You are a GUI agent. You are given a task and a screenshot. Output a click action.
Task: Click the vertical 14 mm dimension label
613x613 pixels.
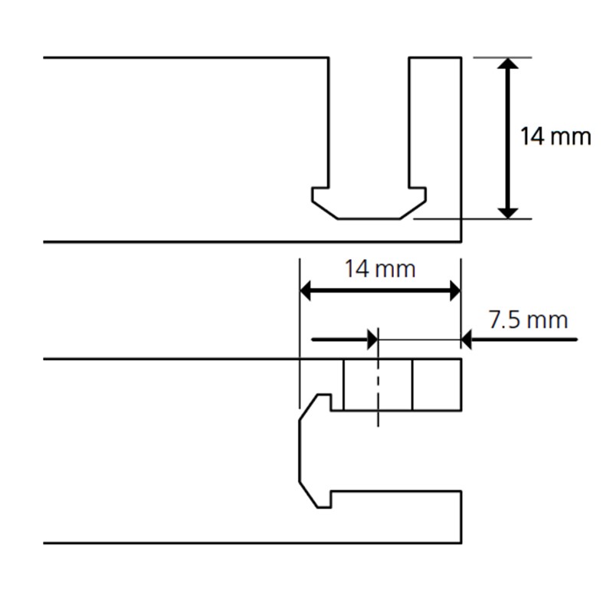(x=555, y=136)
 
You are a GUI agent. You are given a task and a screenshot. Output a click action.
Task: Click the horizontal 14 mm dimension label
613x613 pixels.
(x=379, y=270)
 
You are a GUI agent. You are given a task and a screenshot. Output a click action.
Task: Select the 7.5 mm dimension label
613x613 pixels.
(x=528, y=320)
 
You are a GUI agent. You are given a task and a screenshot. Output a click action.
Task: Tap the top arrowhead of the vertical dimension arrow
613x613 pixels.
(x=507, y=64)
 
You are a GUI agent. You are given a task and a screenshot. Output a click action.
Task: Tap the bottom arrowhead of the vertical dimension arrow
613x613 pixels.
(x=507, y=213)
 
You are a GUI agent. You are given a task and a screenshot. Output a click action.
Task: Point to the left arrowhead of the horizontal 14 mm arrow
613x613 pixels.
(x=305, y=291)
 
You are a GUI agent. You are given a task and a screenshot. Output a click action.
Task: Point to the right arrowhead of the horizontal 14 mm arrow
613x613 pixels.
(x=455, y=291)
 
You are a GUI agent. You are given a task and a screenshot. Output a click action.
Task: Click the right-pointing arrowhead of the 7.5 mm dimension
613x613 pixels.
(x=372, y=339)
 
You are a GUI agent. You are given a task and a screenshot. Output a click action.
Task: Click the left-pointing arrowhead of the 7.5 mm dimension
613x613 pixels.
(x=467, y=339)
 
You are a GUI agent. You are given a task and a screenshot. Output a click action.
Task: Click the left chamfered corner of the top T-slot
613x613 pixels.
(x=324, y=210)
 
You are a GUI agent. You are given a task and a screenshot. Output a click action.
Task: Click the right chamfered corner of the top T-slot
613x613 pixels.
(x=413, y=210)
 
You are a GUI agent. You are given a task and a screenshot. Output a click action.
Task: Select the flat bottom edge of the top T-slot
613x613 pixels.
(x=369, y=219)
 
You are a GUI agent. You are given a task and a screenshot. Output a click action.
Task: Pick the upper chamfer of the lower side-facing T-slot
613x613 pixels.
(x=308, y=408)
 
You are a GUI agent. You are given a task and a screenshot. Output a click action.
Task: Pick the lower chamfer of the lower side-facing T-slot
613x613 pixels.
(x=308, y=494)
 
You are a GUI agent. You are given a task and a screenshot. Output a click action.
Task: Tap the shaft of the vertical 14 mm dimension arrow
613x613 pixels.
(x=507, y=138)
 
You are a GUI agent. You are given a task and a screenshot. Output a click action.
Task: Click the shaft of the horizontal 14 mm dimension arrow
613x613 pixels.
(x=380, y=291)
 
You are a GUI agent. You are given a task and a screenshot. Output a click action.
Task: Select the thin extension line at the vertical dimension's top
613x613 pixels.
(x=503, y=58)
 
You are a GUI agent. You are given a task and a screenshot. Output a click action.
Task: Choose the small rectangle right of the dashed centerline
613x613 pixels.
(x=437, y=385)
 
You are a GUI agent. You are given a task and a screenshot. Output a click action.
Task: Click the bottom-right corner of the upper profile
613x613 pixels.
(x=461, y=242)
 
